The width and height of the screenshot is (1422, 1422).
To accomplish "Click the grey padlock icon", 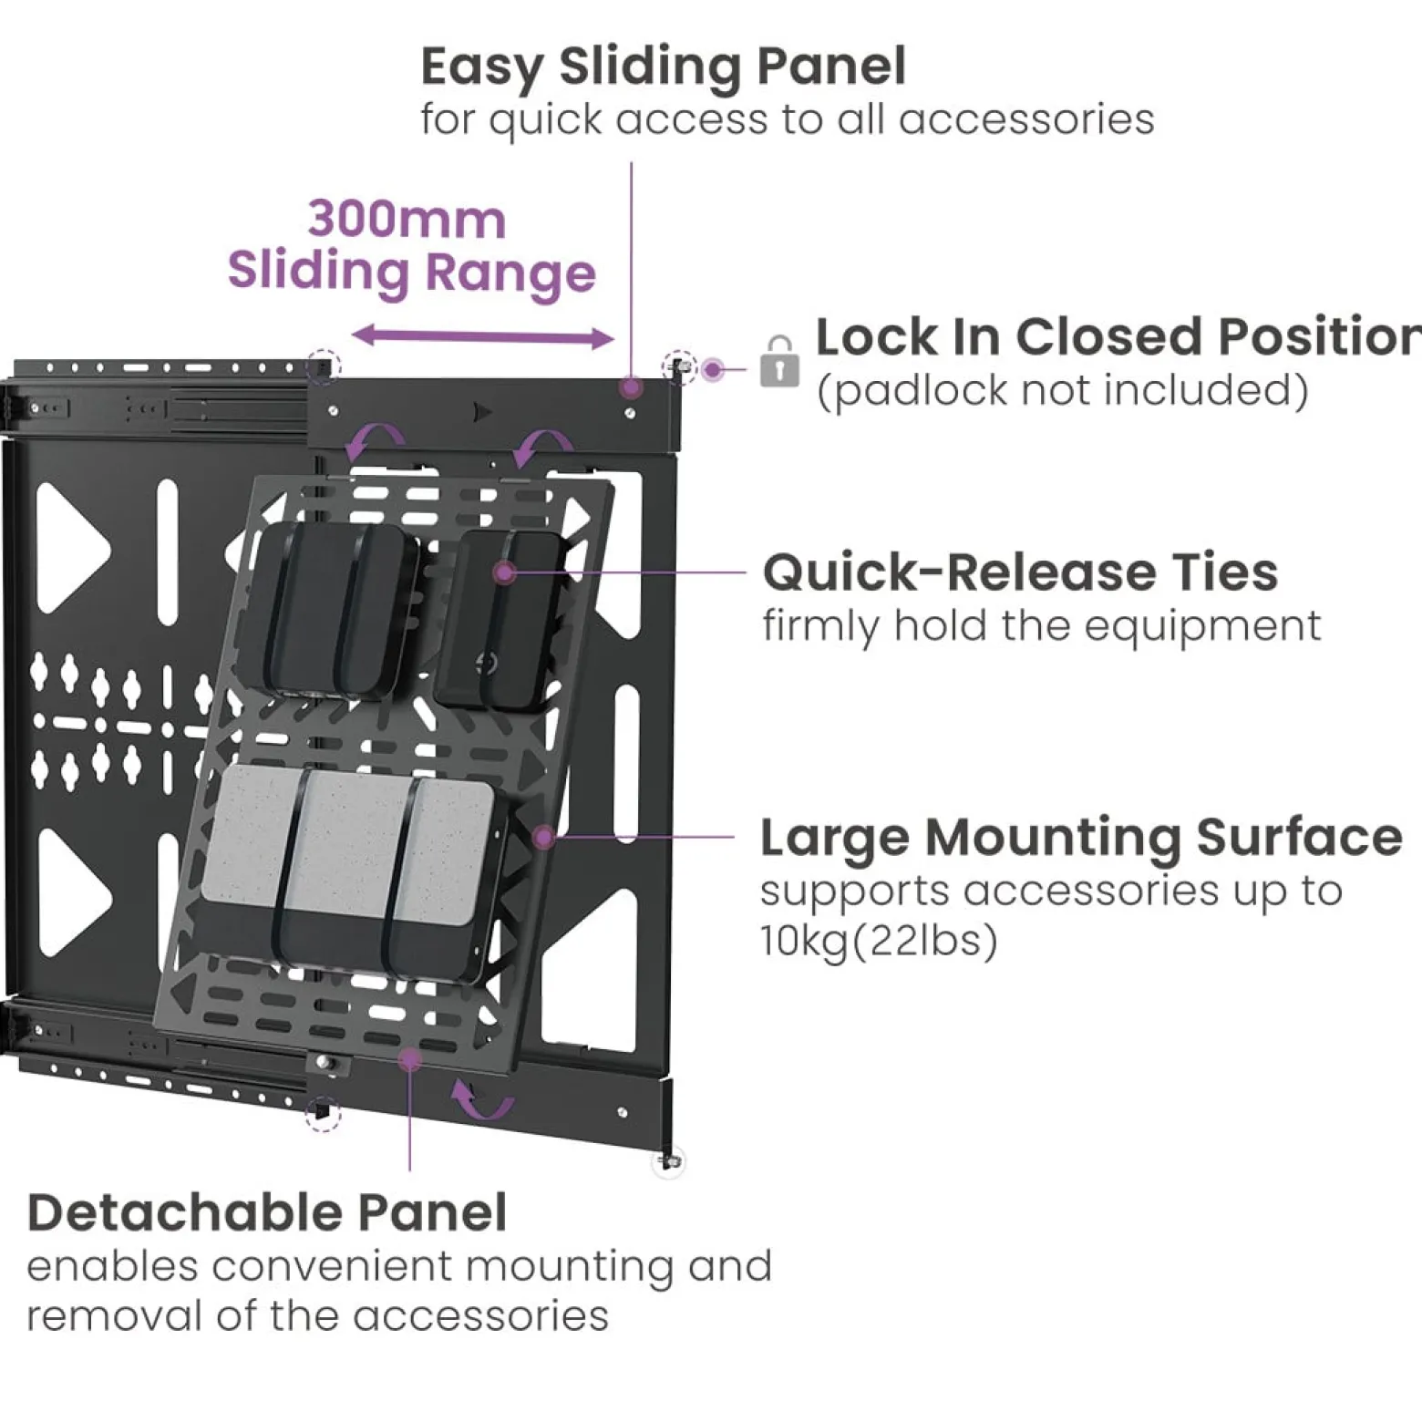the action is pos(779,362).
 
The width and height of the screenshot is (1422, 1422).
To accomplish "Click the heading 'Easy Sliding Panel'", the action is pos(664,67).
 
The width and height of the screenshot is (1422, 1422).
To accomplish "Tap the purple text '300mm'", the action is pos(407,220).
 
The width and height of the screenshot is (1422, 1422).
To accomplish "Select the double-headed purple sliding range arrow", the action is pos(482,337).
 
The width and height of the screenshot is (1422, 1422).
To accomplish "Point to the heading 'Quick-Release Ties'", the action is pos(1021,572).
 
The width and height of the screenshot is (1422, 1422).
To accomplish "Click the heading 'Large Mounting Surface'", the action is pos(1081,837).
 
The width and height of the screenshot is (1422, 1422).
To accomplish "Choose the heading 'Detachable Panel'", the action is pos(267,1213).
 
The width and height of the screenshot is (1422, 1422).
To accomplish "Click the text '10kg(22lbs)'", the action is pos(880,941).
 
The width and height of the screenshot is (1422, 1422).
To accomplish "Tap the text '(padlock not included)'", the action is pos(1062,391).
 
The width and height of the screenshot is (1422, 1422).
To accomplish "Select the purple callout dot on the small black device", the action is pos(505,572).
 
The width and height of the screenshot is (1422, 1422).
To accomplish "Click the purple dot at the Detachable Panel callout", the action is pos(410,1059).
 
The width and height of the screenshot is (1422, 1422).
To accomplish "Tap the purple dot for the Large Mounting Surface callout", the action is pos(543,837).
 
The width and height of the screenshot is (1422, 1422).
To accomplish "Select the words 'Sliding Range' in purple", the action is pos(411,273).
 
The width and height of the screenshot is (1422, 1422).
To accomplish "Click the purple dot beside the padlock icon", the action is pos(713,370).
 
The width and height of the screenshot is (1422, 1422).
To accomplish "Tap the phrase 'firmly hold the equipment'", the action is pos(1042,626).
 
